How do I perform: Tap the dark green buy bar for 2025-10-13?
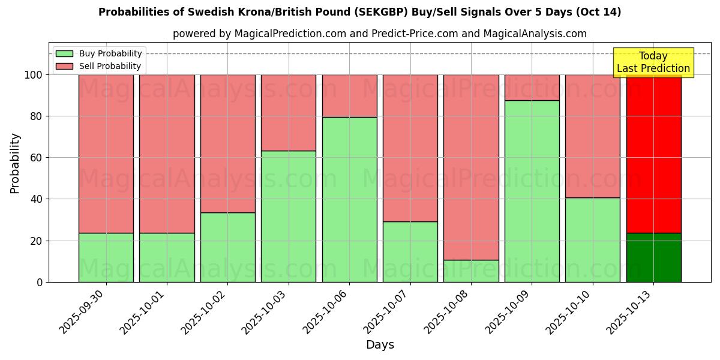click(653, 257)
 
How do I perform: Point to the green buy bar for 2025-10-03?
click(289, 216)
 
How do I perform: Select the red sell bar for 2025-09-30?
click(106, 154)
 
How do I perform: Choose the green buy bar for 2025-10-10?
click(593, 239)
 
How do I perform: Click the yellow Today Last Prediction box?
click(653, 62)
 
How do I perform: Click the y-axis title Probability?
click(15, 163)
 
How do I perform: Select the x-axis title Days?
click(380, 345)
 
